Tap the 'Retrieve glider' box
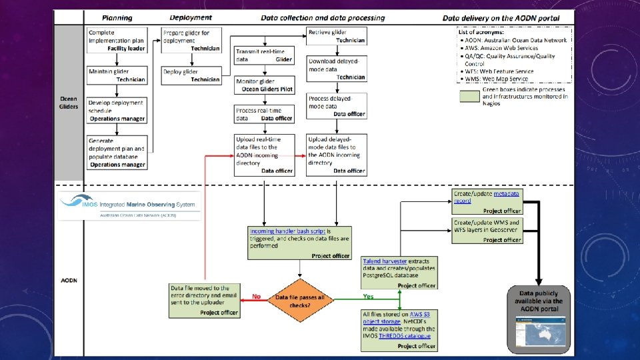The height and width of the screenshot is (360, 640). pyautogui.click(x=336, y=36)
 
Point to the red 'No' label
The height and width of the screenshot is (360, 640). pyautogui.click(x=256, y=296)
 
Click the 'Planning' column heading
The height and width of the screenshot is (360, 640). pyautogui.click(x=117, y=18)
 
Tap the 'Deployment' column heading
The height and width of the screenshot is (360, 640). pyautogui.click(x=191, y=17)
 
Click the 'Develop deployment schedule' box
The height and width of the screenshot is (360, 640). pyautogui.click(x=117, y=111)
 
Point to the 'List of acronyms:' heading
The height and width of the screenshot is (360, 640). pyautogui.click(x=481, y=32)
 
